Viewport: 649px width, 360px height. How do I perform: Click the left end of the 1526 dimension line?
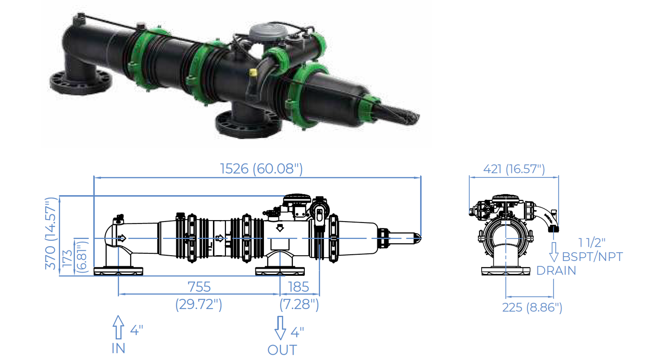[x=94, y=177]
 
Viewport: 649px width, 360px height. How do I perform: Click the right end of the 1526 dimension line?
[x=421, y=177]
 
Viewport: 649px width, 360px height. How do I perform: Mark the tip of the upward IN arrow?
[x=118, y=316]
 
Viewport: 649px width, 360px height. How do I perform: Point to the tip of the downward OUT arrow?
[x=280, y=339]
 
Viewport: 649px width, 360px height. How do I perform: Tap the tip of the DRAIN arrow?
[x=554, y=261]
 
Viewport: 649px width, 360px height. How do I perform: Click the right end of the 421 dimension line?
[x=558, y=177]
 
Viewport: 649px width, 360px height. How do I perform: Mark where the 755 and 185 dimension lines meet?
[x=280, y=294]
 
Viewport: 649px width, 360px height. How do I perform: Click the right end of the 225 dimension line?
[x=553, y=297]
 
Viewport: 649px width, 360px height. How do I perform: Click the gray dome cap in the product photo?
[x=264, y=32]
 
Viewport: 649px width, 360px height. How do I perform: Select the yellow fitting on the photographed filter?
[x=253, y=73]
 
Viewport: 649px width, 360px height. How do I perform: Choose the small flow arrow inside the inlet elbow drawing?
[x=122, y=238]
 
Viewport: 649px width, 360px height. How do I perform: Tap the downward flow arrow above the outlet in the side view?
[x=280, y=228]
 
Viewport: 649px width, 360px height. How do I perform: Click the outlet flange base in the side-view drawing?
[x=280, y=271]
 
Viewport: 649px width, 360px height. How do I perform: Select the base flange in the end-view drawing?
[x=506, y=271]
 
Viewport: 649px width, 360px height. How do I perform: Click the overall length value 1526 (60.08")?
[x=262, y=169]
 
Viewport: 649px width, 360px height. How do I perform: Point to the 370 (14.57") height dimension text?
[x=50, y=234]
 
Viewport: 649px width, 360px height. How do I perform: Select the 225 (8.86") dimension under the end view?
[x=532, y=308]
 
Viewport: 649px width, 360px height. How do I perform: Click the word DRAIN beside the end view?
[x=556, y=271]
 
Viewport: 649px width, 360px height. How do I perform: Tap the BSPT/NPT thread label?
[x=592, y=257]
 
